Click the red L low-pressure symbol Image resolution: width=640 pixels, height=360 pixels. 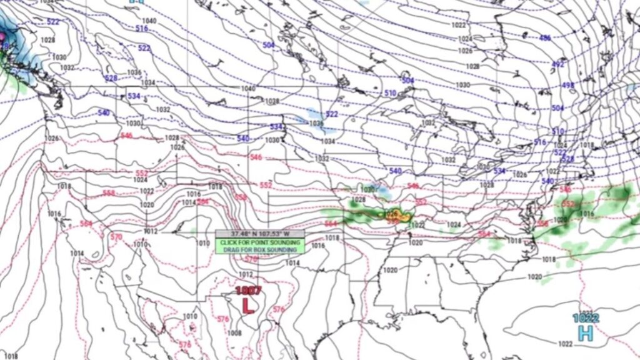[248, 305]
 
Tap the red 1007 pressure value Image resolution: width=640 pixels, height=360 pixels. [247, 291]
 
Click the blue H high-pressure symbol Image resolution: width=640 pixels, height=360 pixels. [586, 333]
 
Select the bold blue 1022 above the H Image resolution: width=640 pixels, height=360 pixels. [586, 318]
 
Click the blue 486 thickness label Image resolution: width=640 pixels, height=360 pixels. [545, 37]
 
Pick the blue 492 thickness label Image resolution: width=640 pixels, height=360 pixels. [557, 64]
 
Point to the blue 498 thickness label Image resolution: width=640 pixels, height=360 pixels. [567, 85]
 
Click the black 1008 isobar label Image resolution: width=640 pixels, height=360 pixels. [234, 333]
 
